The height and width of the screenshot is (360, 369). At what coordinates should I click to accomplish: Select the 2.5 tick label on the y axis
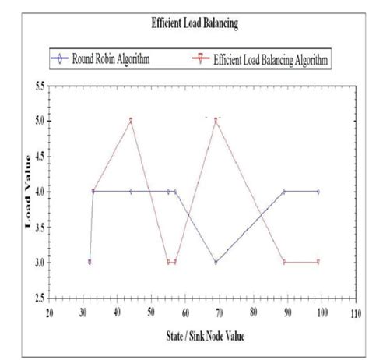37,298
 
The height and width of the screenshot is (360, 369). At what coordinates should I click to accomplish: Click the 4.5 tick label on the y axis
37,156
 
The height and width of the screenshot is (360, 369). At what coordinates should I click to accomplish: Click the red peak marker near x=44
131,120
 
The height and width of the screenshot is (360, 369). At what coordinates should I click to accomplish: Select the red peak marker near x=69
216,120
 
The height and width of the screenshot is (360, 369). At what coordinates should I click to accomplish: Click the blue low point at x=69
216,263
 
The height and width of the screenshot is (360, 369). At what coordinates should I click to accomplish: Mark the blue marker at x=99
318,191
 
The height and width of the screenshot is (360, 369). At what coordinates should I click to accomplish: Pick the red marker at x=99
318,263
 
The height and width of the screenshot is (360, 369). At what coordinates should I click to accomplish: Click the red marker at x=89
284,263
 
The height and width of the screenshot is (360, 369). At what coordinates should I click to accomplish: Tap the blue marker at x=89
284,191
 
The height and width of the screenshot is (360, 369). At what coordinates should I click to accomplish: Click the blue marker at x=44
131,191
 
